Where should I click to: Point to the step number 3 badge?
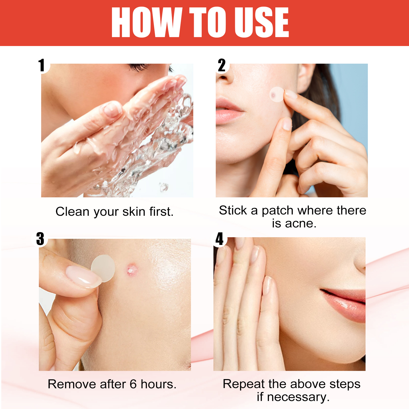click(40, 239)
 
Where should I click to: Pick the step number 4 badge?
click(219, 239)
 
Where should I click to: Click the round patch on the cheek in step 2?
click(277, 94)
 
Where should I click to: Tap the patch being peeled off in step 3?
click(104, 268)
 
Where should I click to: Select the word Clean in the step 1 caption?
click(72, 212)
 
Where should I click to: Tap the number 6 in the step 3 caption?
click(133, 384)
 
